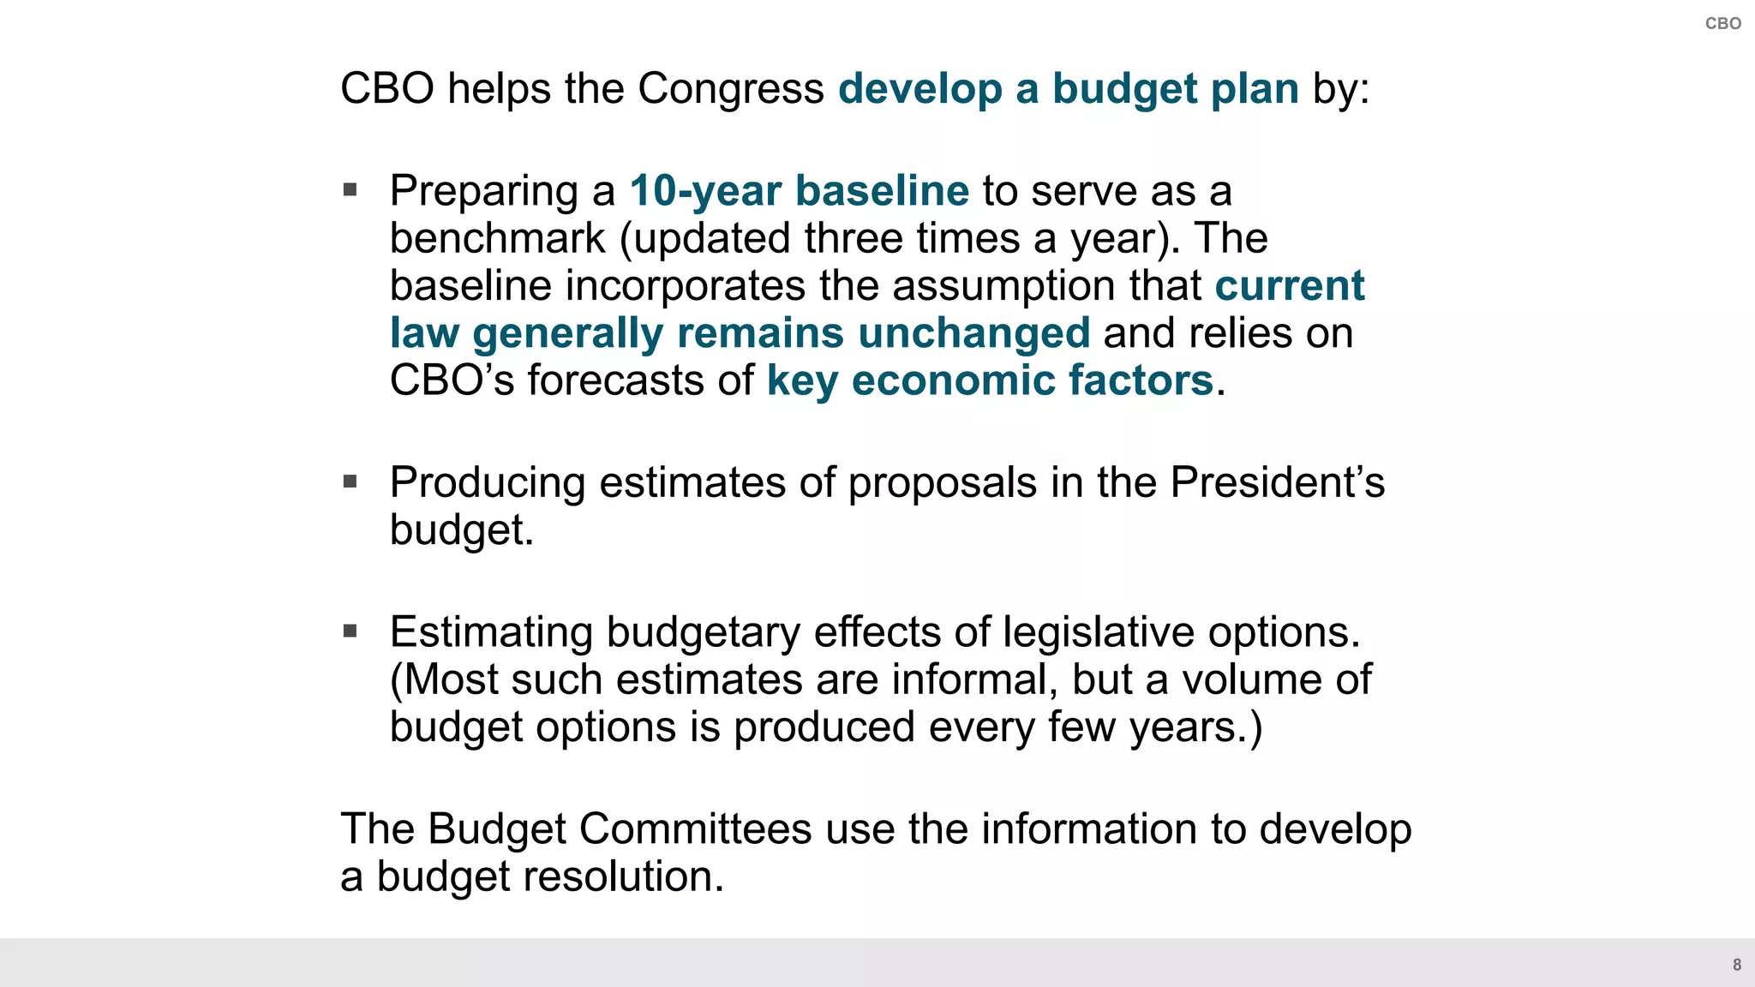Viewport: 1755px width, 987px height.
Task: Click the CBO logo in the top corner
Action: pyautogui.click(x=1722, y=24)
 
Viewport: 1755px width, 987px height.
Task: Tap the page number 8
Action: pyautogui.click(x=1737, y=965)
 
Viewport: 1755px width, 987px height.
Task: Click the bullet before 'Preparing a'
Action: pyautogui.click(x=350, y=189)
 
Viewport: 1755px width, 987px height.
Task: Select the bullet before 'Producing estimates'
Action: pyautogui.click(x=350, y=482)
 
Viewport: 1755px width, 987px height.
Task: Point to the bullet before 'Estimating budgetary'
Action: pyautogui.click(x=350, y=631)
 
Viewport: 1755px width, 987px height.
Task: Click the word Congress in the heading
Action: pyautogui.click(x=730, y=88)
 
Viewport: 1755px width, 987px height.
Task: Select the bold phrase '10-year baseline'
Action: pyautogui.click(x=799, y=190)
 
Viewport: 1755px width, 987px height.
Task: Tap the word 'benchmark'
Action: pyautogui.click(x=497, y=238)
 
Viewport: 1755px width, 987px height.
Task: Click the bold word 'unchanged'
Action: pyautogui.click(x=973, y=332)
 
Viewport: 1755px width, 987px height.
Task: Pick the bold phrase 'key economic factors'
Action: pyautogui.click(x=990, y=380)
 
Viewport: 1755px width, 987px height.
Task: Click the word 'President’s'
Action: pyautogui.click(x=1277, y=482)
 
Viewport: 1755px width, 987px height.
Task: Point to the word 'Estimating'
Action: pyautogui.click(x=491, y=632)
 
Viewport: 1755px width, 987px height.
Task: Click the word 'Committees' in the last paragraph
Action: pyautogui.click(x=695, y=828)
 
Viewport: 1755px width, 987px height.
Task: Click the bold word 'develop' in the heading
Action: pyautogui.click(x=919, y=89)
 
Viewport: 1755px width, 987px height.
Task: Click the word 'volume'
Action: pyautogui.click(x=1252, y=679)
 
